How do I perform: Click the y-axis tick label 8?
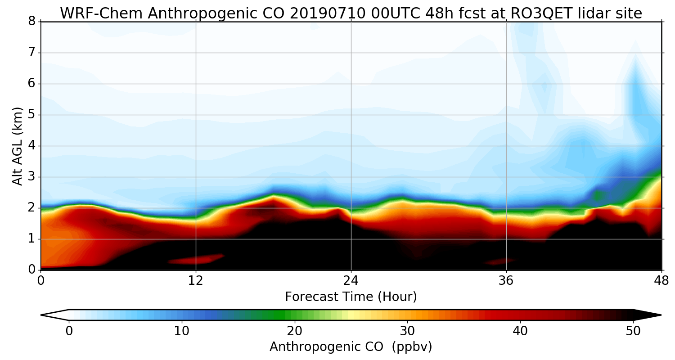tap(32, 22)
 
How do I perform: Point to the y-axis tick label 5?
tap(32, 115)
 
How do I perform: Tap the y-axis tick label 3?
tap(32, 177)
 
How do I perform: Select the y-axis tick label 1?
tap(32, 239)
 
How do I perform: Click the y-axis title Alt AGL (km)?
tap(18, 146)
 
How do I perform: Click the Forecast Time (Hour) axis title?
tap(351, 297)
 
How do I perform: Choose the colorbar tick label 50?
tap(633, 331)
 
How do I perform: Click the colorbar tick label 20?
tap(295, 331)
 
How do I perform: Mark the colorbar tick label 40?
tap(520, 331)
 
